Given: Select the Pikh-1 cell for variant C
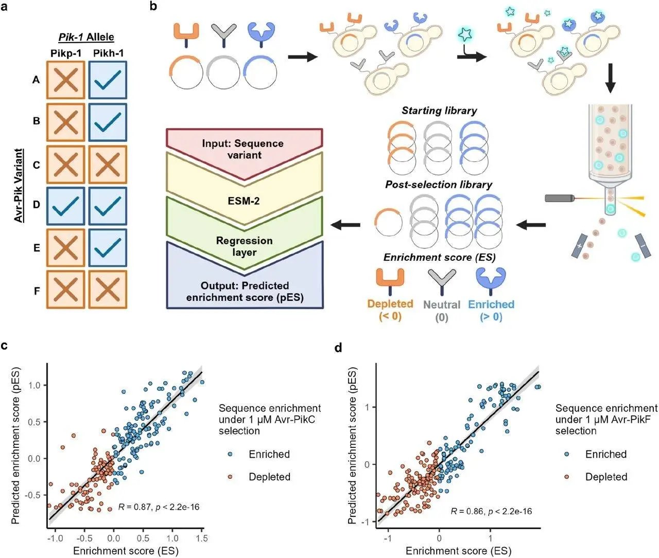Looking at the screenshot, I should pos(108,165).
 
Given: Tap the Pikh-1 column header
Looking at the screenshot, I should pos(108,53).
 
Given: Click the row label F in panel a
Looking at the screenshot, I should pos(37,291).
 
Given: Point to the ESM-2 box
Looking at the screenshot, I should pos(245,201).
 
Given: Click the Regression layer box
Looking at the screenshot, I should pos(245,246).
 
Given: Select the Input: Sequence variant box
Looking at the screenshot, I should pos(245,149).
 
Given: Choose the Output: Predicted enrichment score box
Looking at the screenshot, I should pos(245,292).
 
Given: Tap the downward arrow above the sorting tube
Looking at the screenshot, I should pos(611,78).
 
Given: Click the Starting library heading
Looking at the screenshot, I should pos(439,111).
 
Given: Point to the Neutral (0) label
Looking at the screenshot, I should pos(442,311).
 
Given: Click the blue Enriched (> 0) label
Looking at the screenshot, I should pos(491,311).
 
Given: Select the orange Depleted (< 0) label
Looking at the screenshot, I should pos(390,310).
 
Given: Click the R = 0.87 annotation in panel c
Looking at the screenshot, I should pos(158,507).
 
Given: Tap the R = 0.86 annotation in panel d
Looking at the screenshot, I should pos(491,511).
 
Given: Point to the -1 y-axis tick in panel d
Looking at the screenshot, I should pos(367,522).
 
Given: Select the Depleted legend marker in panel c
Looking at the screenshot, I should pos(230,477).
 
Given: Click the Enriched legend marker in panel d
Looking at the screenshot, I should pos(566,454).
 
